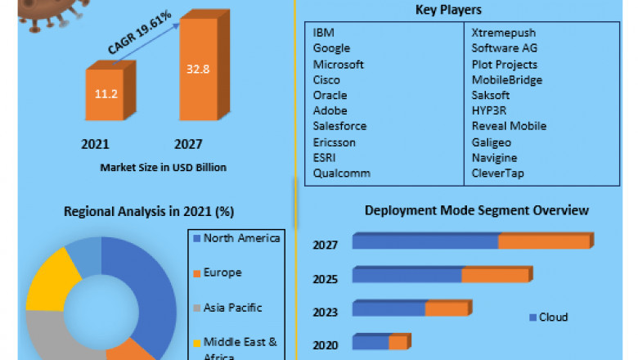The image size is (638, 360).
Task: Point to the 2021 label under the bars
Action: [x=95, y=144]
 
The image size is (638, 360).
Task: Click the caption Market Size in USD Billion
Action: [x=163, y=167]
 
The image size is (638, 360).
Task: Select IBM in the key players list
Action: [x=323, y=33]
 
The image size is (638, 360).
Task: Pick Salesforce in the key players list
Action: [x=339, y=126]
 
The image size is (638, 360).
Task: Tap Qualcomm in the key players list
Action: [x=342, y=173]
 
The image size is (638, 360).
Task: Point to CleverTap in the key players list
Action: [x=498, y=173]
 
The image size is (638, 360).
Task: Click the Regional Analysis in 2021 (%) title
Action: [x=149, y=211]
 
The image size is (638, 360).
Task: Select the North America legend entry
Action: [x=240, y=238]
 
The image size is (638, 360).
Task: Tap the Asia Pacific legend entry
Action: [x=232, y=308]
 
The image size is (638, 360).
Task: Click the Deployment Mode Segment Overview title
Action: [x=476, y=210]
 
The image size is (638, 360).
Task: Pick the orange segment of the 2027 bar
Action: [x=544, y=241]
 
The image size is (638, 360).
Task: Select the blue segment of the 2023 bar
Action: [x=389, y=308]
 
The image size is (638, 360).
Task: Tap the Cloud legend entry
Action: [x=553, y=317]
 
